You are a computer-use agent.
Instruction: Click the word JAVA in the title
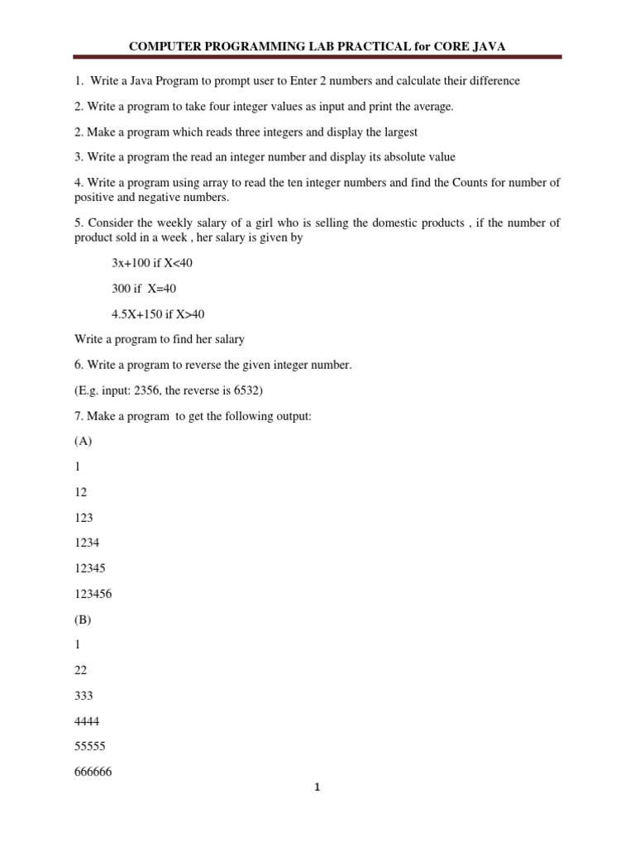[487, 46]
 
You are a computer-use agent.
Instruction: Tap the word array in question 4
[219, 183]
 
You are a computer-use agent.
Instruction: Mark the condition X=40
[162, 289]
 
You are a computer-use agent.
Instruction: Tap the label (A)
[84, 441]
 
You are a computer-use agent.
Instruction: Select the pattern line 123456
[91, 595]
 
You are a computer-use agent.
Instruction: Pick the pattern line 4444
[86, 721]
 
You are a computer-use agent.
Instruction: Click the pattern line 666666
[93, 772]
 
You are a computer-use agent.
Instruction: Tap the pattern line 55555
[89, 746]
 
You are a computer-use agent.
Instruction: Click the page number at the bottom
[317, 788]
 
